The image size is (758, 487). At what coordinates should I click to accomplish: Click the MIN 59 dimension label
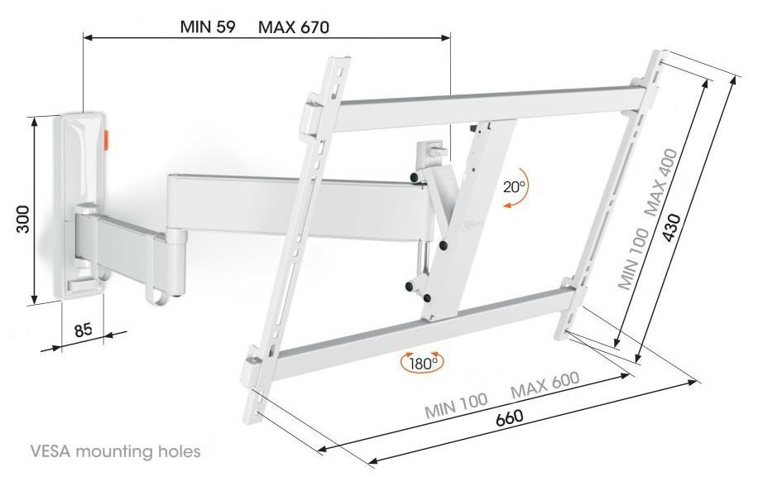point(208,27)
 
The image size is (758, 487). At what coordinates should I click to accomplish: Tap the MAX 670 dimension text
point(294,27)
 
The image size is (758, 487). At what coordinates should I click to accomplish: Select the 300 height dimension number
point(22,219)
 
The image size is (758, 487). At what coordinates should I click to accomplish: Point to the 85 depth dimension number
point(83,330)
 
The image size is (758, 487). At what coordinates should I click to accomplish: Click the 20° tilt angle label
point(514,186)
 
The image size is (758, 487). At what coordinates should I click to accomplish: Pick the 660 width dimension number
point(509,417)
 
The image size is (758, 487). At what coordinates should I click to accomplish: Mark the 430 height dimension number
point(672,227)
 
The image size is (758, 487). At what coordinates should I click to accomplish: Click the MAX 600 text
point(545,384)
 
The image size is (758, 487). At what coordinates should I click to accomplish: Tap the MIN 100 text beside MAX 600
point(456,405)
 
